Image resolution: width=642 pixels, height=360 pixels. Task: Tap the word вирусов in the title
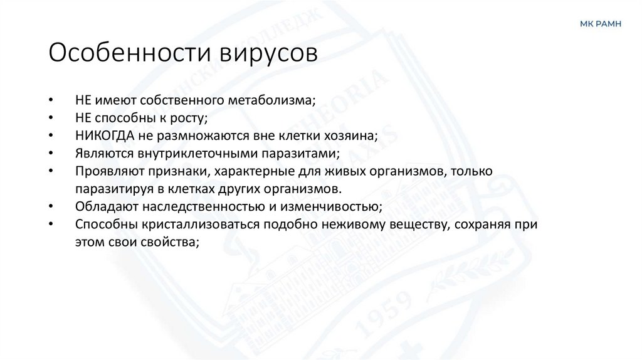point(268,52)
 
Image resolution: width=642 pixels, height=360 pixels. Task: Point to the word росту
point(189,118)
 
